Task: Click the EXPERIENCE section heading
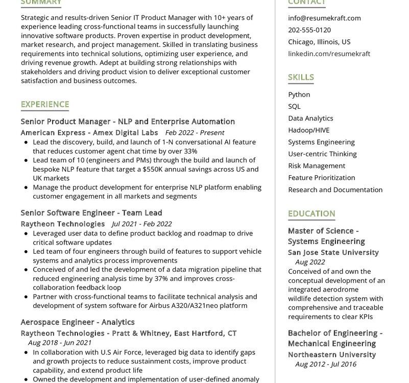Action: (45, 104)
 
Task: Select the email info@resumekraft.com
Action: (324, 18)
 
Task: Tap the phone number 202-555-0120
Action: (309, 30)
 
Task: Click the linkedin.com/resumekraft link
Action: (329, 54)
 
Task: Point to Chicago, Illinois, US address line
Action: (319, 42)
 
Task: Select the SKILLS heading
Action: (301, 77)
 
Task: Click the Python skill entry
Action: (299, 94)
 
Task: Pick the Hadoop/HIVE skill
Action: (308, 130)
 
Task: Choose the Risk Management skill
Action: (317, 165)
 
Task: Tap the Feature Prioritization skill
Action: (321, 178)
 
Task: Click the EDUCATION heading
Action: (311, 213)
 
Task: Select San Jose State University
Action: (333, 252)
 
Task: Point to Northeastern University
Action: (331, 354)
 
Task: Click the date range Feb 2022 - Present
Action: (195, 133)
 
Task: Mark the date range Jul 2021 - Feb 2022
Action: (141, 224)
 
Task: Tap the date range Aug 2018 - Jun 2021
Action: (60, 343)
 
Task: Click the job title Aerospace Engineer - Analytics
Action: (78, 322)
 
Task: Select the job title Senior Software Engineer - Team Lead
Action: (91, 212)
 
